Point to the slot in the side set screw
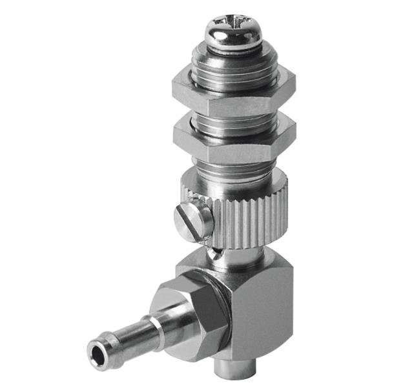[x=193, y=220]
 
